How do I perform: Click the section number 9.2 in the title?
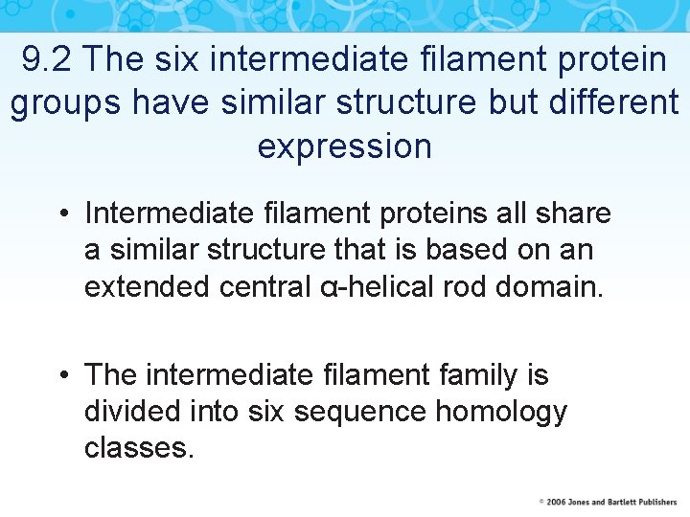(x=47, y=59)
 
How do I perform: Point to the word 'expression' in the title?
(x=345, y=146)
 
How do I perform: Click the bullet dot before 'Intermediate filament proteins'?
(x=65, y=213)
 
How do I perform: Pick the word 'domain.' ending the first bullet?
(x=550, y=287)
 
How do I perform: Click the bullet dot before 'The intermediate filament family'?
(x=65, y=374)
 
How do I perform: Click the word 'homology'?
(x=501, y=413)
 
